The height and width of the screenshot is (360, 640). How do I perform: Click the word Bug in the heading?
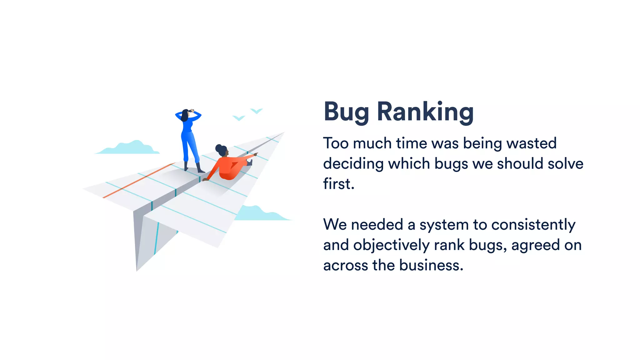[x=346, y=112]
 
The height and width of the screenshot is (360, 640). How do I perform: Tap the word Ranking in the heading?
[x=425, y=112]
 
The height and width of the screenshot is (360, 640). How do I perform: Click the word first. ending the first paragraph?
[x=338, y=184]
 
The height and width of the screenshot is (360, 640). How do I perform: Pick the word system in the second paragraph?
[x=444, y=225]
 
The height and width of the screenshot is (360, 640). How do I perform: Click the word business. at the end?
[x=431, y=265]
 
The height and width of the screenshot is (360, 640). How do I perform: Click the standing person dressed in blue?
[x=189, y=141]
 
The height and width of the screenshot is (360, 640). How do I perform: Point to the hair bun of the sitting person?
[x=218, y=147]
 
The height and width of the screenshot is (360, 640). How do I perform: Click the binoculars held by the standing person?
[x=191, y=111]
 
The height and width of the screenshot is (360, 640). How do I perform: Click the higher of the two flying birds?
[x=257, y=111]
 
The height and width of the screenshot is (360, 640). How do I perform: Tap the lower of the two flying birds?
[x=239, y=118]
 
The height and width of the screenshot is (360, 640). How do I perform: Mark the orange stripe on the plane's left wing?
[x=139, y=180]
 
